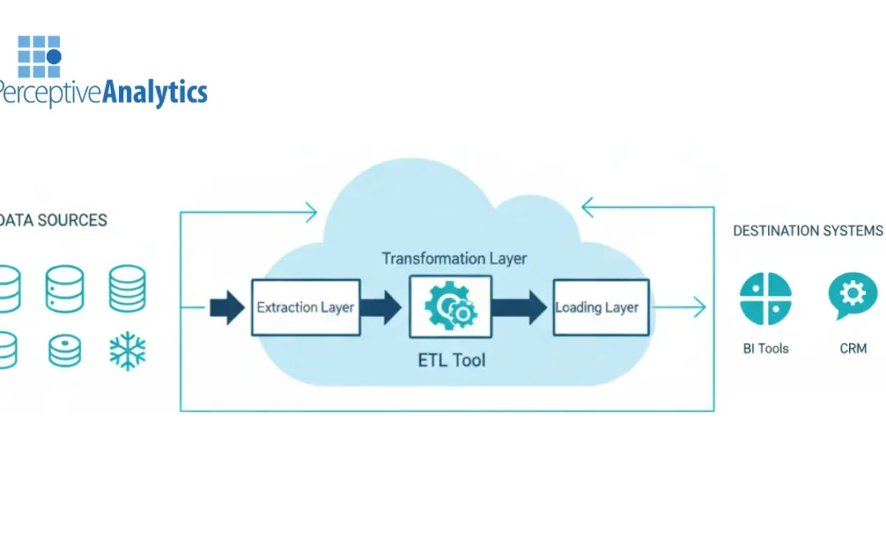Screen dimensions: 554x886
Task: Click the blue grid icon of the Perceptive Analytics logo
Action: coord(39,57)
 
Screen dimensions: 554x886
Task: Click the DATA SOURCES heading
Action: coord(53,220)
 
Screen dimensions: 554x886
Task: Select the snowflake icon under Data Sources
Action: coord(127,350)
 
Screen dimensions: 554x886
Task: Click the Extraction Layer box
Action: coord(305,308)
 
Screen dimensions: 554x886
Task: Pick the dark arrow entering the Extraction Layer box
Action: coord(227,308)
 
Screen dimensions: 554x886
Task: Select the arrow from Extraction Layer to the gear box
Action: coord(381,308)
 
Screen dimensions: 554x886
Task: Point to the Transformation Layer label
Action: coord(454,259)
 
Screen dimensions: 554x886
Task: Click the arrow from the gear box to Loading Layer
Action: coord(519,308)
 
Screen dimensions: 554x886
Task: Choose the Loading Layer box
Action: coord(601,308)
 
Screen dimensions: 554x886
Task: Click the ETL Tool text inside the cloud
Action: coord(450,359)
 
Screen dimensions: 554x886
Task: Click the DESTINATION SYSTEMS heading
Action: coord(807,231)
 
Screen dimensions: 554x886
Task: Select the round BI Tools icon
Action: coord(765,299)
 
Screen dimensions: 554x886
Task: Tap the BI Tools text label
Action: coord(765,349)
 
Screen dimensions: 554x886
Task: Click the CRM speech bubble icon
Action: coord(853,295)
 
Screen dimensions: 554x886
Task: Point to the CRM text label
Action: coord(853,349)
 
